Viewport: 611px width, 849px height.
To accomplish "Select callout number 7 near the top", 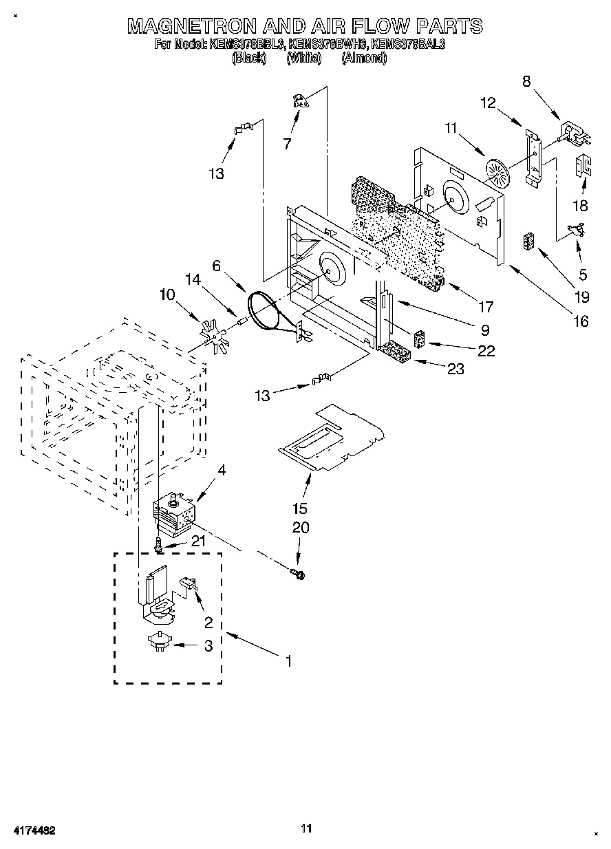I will [x=288, y=144].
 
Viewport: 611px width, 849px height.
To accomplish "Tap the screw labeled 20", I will [x=299, y=572].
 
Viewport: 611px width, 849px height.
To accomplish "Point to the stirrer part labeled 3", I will [x=158, y=644].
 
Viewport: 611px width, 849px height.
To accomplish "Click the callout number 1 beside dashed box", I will [x=289, y=661].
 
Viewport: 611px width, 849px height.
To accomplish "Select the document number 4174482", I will [x=32, y=831].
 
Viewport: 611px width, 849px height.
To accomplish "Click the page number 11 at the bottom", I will [x=306, y=828].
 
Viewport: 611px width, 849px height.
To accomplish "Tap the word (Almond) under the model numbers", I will [x=365, y=58].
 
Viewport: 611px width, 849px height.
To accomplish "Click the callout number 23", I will [x=455, y=369].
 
